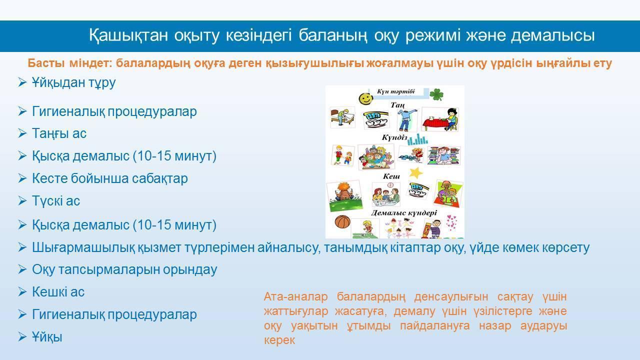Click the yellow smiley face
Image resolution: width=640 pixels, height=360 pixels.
coord(366,98)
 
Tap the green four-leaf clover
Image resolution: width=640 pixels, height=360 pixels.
coord(436,94)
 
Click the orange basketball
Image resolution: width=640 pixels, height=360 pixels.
coord(342,221)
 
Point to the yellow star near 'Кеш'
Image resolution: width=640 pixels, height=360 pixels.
coord(415,172)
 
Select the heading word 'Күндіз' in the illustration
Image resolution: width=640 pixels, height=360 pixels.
coord(394,137)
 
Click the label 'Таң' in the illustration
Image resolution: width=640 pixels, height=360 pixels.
coord(397,105)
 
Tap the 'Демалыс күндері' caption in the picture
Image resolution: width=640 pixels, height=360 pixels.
coord(404,212)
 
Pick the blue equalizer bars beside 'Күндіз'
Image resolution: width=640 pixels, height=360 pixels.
coord(417,139)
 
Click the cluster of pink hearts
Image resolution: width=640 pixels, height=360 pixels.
coord(451,222)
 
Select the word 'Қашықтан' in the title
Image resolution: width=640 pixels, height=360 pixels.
coord(128,35)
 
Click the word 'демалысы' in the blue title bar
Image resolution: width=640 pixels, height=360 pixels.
coord(553,35)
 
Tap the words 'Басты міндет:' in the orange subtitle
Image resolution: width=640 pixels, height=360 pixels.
coord(70,63)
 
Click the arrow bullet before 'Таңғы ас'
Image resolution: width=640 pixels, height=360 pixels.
coord(22,133)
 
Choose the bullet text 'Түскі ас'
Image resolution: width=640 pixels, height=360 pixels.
coord(56,201)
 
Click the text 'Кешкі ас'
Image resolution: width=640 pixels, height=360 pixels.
coord(58,292)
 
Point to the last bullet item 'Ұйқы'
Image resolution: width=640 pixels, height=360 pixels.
coord(47,337)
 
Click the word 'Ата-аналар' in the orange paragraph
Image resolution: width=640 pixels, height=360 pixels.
coord(295,296)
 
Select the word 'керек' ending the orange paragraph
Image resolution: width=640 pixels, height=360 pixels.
coord(279,340)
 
